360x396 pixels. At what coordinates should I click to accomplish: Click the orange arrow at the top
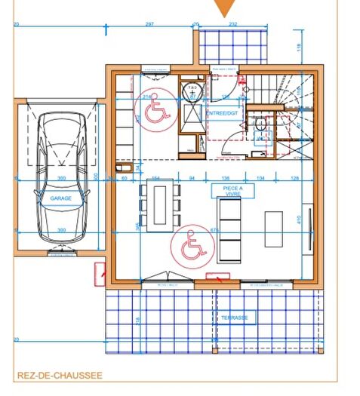click(224, 8)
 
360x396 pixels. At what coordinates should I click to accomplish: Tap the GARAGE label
click(60, 198)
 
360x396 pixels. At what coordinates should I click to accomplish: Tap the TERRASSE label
click(234, 318)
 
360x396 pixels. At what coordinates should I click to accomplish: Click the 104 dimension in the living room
click(261, 178)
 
